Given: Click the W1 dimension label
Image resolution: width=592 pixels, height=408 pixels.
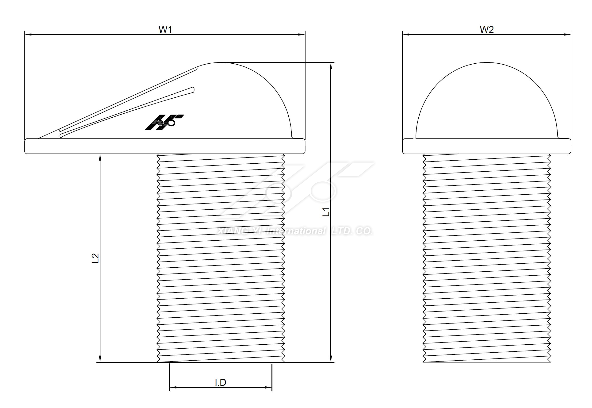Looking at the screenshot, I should (x=165, y=30).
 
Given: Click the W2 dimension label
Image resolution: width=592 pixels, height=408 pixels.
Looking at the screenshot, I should (x=486, y=30).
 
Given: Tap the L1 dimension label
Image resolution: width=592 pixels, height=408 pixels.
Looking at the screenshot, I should (x=326, y=212).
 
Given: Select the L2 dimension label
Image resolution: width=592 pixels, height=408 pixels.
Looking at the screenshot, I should (x=95, y=258).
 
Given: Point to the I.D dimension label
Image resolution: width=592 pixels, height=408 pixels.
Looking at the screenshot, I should (x=221, y=382).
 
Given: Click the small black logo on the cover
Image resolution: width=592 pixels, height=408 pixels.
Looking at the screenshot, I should (x=164, y=122).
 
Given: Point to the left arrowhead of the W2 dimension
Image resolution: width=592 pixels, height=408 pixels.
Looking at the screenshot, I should (x=406, y=34).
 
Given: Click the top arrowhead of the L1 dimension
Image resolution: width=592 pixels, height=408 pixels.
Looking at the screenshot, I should (x=331, y=66).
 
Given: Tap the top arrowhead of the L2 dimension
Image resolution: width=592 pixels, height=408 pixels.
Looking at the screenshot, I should (x=100, y=158).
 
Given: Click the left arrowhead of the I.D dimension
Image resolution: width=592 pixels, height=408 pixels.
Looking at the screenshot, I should (x=173, y=387).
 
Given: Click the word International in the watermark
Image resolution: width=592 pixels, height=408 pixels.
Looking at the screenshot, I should (x=296, y=231).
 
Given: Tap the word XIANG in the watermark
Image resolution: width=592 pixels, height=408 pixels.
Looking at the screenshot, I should (x=233, y=231).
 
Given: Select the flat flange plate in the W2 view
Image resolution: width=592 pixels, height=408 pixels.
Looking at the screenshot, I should (x=486, y=146).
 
